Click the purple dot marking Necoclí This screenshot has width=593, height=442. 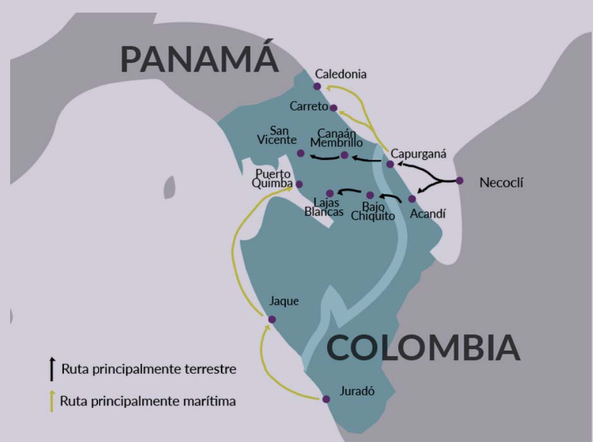(460, 181)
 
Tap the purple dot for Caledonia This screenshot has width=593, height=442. (317, 87)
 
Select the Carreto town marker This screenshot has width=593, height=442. (333, 108)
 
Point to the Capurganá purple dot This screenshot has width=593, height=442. (390, 164)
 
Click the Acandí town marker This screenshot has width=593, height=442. (412, 199)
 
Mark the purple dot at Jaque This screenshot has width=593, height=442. (272, 320)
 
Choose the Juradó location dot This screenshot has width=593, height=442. (326, 399)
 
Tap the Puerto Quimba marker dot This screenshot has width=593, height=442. (299, 184)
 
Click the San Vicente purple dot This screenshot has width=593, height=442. (301, 153)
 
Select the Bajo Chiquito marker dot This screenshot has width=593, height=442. (370, 195)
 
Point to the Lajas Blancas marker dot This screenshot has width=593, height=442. (330, 193)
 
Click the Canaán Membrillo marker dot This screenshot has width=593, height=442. (344, 155)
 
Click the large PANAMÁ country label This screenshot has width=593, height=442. (200, 59)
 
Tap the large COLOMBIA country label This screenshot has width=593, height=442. (423, 348)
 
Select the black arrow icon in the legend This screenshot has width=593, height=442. (52, 367)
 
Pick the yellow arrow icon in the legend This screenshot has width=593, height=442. (52, 400)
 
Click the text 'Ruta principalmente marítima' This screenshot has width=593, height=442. (148, 400)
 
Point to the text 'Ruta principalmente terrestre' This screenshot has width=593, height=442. (149, 369)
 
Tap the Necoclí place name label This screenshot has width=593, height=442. (501, 184)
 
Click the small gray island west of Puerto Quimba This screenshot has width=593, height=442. (169, 187)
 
